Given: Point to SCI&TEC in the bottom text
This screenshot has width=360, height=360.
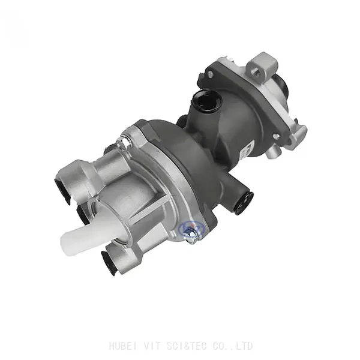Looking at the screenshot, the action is [x=187, y=346].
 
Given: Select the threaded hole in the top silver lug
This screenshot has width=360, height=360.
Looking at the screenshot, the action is [x=256, y=71].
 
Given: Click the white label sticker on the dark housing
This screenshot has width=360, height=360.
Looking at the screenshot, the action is [x=245, y=152].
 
